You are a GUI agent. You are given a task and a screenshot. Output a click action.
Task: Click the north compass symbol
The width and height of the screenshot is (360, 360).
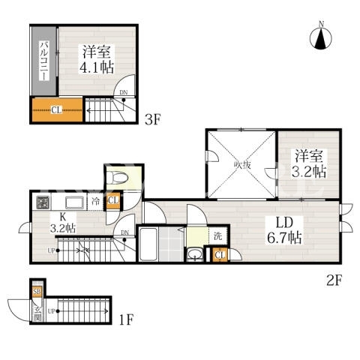pyautogui.click(x=321, y=38)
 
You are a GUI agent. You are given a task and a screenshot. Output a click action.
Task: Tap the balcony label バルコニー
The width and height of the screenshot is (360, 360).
pyautogui.click(x=44, y=61)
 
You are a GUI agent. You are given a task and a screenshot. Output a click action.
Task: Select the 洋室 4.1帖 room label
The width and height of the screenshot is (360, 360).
pyautogui.click(x=97, y=59)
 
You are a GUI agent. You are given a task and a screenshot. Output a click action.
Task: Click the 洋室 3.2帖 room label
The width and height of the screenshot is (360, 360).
pyautogui.click(x=309, y=163)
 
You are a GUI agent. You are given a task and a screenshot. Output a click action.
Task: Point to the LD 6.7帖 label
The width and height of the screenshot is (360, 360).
pyautogui.click(x=284, y=230)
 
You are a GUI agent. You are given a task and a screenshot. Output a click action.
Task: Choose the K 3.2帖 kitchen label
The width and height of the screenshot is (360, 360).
pyautogui.click(x=63, y=223)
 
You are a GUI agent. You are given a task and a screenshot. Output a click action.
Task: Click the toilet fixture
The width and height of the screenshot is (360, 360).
pyautogui.click(x=117, y=178)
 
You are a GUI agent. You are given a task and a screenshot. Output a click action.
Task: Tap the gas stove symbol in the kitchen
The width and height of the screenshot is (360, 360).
pyautogui.click(x=43, y=202)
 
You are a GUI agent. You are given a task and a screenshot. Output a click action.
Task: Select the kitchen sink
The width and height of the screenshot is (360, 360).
pyautogui.click(x=74, y=202)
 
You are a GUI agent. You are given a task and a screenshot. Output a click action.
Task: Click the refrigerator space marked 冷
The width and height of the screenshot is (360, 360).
pyautogui.click(x=95, y=201)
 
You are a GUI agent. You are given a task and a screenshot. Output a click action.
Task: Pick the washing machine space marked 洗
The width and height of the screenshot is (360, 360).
pyautogui.click(x=218, y=235)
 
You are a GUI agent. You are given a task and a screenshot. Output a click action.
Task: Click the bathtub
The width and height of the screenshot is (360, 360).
pyautogui.click(x=148, y=244)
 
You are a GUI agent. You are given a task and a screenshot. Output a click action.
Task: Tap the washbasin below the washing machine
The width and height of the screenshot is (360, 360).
pyautogui.click(x=195, y=254)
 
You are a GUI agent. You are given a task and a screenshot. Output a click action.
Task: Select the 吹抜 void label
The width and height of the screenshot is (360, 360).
pyautogui.click(x=242, y=165)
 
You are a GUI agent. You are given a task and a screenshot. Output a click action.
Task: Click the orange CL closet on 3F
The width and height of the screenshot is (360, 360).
pyautogui.click(x=57, y=109)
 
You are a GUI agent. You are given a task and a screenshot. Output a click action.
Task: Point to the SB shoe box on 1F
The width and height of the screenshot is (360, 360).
pyautogui.click(x=37, y=292)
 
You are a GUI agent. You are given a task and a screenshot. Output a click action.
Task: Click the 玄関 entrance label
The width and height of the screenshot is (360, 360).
pyautogui.click(x=37, y=313)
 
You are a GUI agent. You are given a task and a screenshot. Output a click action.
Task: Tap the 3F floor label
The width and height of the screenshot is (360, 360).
pyautogui.click(x=152, y=119)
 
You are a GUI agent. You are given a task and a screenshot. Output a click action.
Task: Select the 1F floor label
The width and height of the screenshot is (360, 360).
pyautogui.click(x=126, y=319)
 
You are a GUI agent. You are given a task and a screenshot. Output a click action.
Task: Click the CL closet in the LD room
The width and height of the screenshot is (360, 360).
pyautogui.click(x=220, y=255)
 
